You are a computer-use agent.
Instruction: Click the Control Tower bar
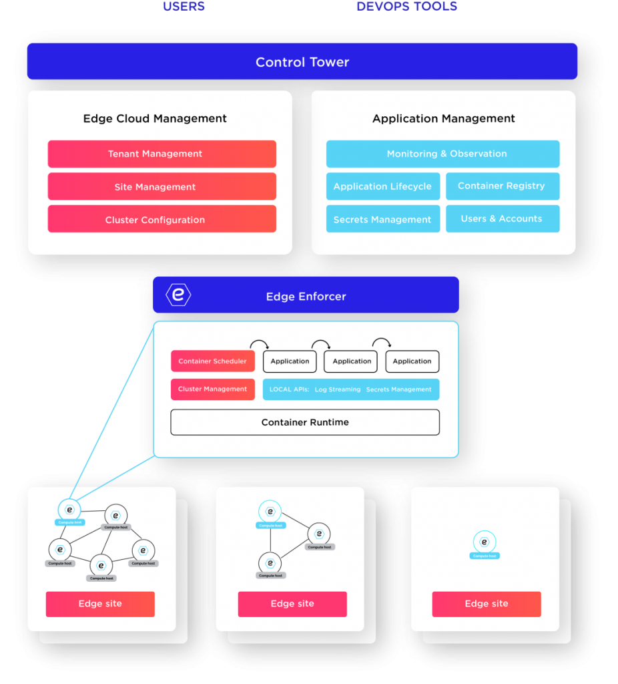click(302, 62)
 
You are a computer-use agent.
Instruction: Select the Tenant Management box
click(162, 154)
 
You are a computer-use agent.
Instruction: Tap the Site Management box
click(162, 187)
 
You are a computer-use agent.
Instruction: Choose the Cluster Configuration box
click(162, 220)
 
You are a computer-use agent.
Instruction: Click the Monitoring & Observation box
click(442, 154)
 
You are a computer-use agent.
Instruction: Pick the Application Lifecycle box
click(382, 186)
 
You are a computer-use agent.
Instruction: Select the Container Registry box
click(502, 186)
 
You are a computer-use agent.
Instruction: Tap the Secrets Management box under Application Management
click(382, 219)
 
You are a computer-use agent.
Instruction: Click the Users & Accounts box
click(502, 218)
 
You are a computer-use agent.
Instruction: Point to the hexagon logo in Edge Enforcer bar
click(178, 295)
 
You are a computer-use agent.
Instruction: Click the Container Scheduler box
click(212, 361)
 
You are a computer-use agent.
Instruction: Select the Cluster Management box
click(212, 389)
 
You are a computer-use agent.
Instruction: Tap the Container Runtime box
click(305, 422)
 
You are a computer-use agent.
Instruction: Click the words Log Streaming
click(338, 389)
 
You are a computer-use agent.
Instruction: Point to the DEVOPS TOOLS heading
click(407, 7)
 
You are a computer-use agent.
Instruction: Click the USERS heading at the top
click(184, 7)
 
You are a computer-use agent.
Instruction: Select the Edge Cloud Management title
click(155, 119)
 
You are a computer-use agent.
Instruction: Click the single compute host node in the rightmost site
click(485, 542)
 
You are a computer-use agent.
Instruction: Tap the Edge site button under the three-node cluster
click(292, 604)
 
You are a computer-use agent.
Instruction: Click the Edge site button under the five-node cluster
click(100, 604)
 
